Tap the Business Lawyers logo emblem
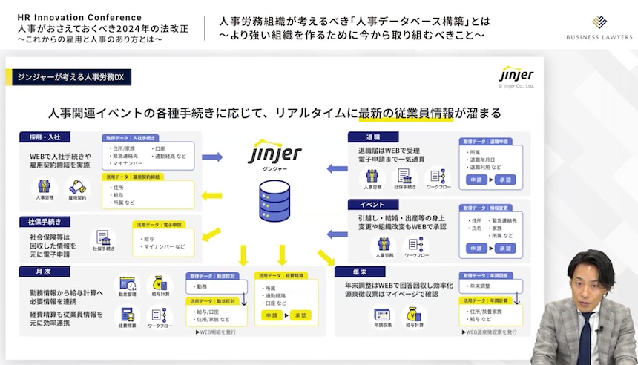point(599,22)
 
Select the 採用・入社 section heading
point(45,138)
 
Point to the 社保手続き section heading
point(45,221)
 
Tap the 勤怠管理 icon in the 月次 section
point(127,284)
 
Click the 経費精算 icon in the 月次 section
point(127,315)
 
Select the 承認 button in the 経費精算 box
point(300,315)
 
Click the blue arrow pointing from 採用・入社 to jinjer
point(212,157)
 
